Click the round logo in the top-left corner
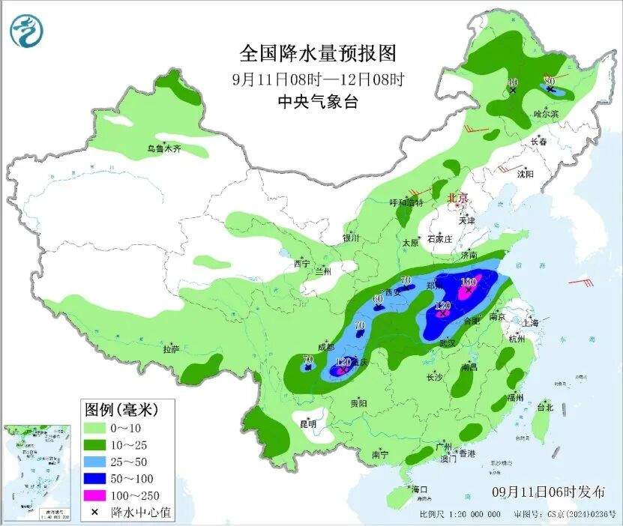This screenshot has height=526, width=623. coord(26,30)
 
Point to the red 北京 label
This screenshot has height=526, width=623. coord(457,198)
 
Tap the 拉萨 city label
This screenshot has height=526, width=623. coord(172,349)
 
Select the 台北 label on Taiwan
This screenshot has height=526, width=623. coord(545,408)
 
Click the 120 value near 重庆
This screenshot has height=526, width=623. coord(343,362)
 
